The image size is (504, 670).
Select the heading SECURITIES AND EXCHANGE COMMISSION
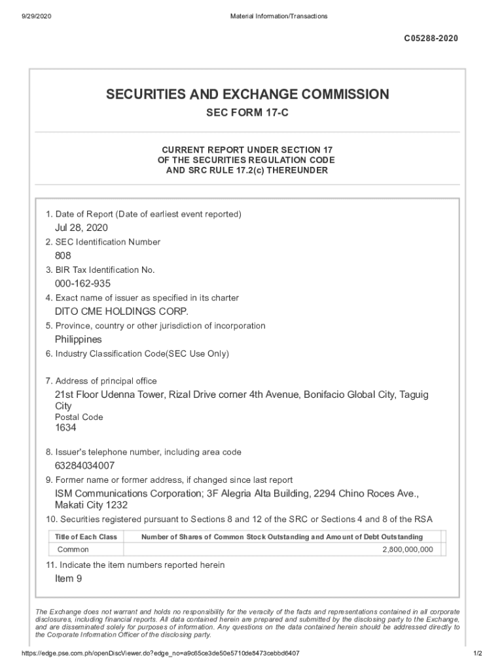[x=247, y=94]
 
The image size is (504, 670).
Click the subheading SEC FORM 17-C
[x=247, y=113]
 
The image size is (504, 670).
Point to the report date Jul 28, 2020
[x=81, y=228]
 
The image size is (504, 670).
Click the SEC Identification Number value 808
[x=63, y=256]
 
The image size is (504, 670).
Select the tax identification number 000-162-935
[x=82, y=283]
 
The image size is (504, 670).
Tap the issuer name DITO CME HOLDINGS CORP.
[x=117, y=311]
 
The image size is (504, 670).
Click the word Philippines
[x=79, y=340]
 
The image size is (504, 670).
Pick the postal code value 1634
[x=65, y=427]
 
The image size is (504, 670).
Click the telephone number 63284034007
[x=85, y=466]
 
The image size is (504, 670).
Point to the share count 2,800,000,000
[x=407, y=550]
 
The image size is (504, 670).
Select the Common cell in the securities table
[x=73, y=550]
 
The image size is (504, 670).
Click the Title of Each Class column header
[x=86, y=537]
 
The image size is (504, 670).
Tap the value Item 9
[x=69, y=578]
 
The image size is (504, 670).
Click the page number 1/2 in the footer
[x=477, y=654]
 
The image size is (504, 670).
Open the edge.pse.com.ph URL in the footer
[x=160, y=654]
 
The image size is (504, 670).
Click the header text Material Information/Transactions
[x=279, y=16]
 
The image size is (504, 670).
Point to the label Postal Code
[x=79, y=417]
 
